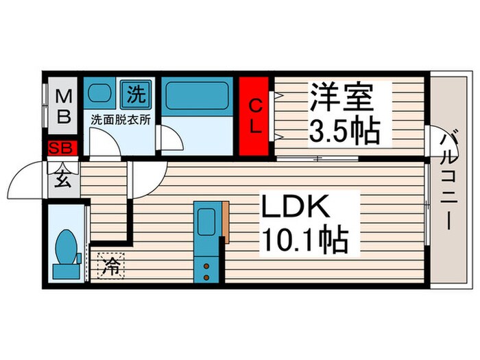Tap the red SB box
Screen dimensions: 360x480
click(x=64, y=147)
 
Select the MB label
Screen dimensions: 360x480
click(x=64, y=105)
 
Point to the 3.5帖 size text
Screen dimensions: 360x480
click(x=344, y=131)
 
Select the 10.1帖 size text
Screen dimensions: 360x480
click(x=304, y=240)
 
